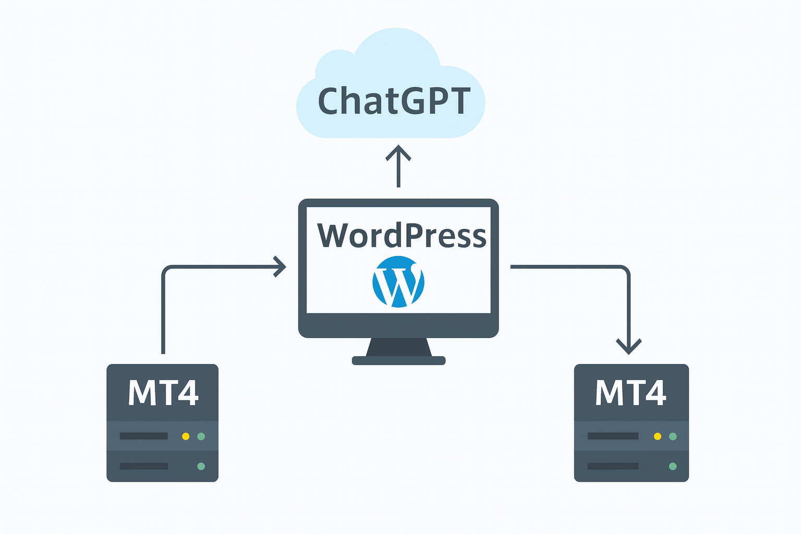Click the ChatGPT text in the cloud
pyautogui.click(x=394, y=101)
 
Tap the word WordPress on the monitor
pyautogui.click(x=402, y=235)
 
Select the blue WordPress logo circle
pyautogui.click(x=398, y=282)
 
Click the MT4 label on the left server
pyautogui.click(x=163, y=393)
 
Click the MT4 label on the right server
pyautogui.click(x=630, y=393)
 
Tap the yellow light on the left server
pyautogui.click(x=186, y=436)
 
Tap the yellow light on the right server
pyautogui.click(x=658, y=436)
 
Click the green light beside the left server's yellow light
pyautogui.click(x=201, y=436)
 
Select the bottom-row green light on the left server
pyautogui.click(x=201, y=466)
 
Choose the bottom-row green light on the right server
pyautogui.click(x=673, y=466)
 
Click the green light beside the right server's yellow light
pyautogui.click(x=673, y=436)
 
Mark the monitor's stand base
pyautogui.click(x=399, y=360)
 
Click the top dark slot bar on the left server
pyautogui.click(x=144, y=436)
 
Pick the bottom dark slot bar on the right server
pyautogui.click(x=613, y=466)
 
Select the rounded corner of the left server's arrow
pyautogui.click(x=166, y=270)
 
